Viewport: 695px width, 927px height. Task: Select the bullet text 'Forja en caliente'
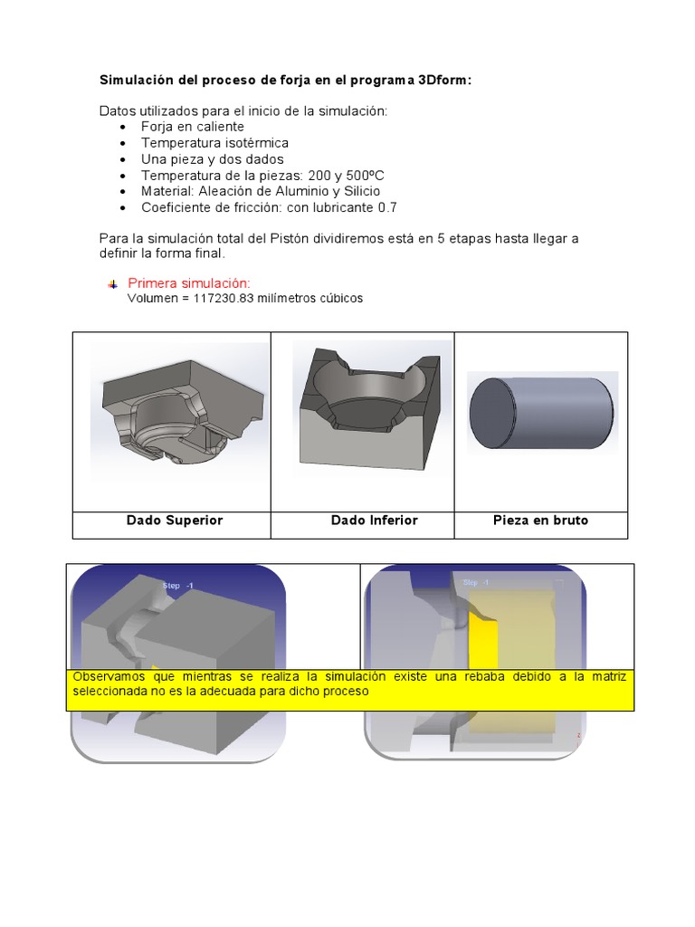click(192, 127)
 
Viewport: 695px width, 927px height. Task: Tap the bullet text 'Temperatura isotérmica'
click(214, 143)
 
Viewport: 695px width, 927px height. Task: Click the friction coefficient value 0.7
click(387, 207)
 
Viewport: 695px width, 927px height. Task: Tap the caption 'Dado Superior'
click(174, 521)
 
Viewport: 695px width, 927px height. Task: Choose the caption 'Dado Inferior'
click(374, 521)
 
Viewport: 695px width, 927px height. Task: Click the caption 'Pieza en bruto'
click(540, 521)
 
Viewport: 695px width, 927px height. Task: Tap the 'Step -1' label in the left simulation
click(177, 587)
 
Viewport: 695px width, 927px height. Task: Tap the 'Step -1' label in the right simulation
click(476, 583)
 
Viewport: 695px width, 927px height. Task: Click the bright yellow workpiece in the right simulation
click(485, 645)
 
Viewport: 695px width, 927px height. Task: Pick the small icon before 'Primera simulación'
click(112, 284)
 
